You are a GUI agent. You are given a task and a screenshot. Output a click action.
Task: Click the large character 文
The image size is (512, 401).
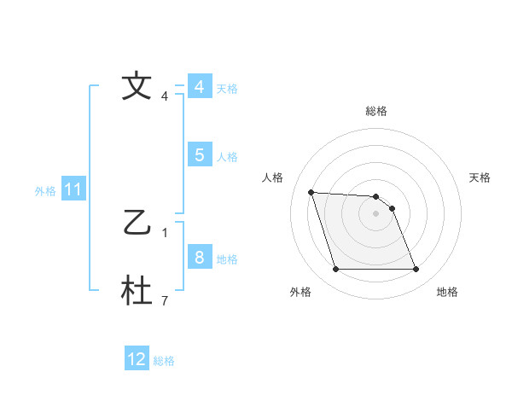[136, 86]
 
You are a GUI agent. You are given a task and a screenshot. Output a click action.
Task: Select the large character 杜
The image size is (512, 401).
[136, 291]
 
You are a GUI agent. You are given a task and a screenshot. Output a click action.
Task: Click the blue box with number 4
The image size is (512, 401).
[199, 87]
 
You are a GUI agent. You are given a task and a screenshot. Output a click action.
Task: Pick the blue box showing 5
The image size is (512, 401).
[199, 155]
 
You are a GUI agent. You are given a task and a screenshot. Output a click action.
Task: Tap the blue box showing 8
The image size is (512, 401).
[199, 258]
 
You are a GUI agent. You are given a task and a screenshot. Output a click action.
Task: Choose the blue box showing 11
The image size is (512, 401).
[73, 190]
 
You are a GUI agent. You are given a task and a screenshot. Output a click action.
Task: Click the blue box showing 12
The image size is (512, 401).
[137, 359]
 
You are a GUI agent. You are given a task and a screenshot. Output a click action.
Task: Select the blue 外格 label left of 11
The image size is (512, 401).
[45, 191]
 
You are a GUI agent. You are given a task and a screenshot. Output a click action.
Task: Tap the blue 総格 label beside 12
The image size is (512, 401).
[164, 360]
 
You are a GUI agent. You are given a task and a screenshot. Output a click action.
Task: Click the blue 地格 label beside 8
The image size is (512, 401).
[227, 259]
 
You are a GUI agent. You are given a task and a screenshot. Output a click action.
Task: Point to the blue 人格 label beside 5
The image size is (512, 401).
[227, 156]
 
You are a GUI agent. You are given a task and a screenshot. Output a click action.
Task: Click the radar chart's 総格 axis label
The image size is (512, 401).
[375, 111]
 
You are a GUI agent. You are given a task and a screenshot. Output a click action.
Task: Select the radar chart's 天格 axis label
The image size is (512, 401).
[480, 177]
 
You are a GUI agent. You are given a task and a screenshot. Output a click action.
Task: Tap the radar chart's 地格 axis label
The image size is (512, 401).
[447, 292]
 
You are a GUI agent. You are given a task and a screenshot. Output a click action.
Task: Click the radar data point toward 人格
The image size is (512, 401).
[311, 192]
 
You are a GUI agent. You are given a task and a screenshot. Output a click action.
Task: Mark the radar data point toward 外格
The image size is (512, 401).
[335, 270]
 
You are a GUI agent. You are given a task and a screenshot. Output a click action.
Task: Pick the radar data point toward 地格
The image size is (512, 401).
[416, 270]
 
